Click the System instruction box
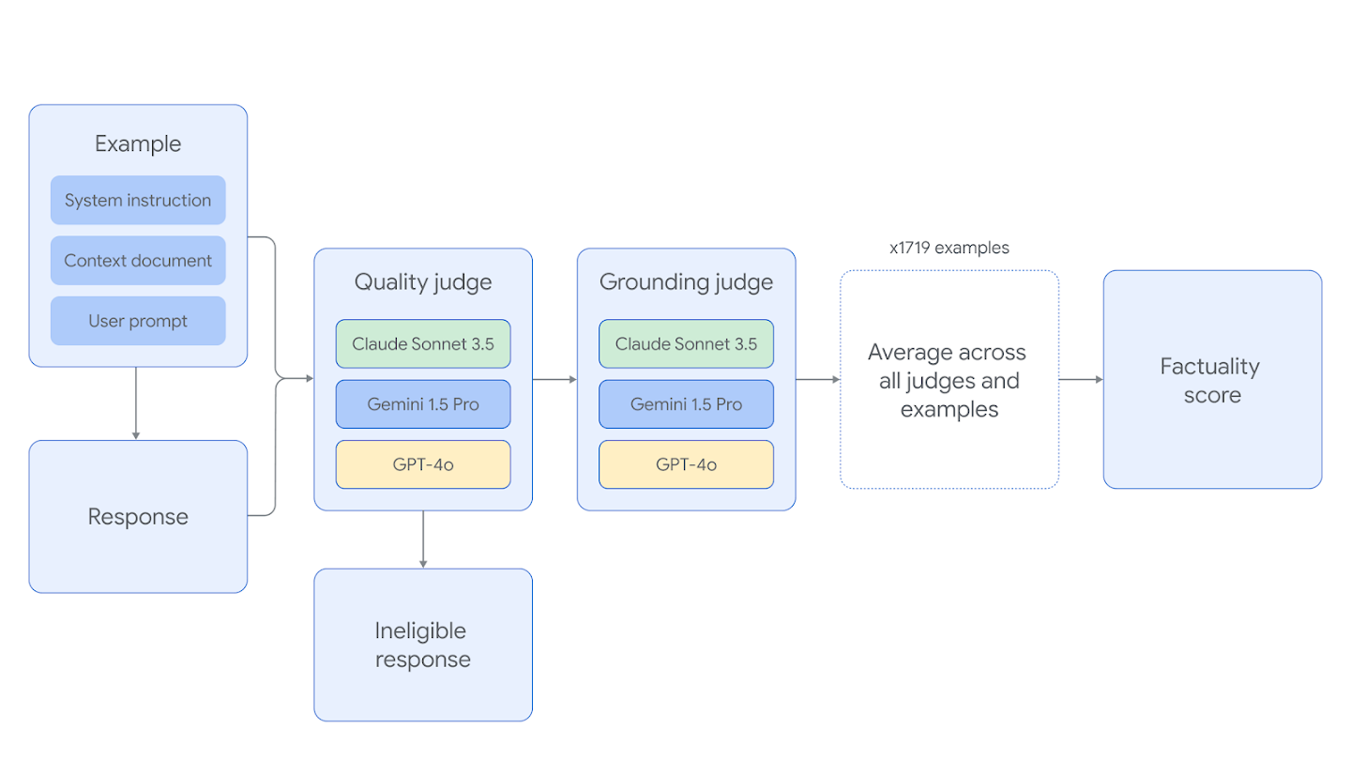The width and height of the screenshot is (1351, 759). [138, 200]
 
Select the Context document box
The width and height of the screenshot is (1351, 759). [138, 261]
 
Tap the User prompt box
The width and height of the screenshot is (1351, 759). [138, 321]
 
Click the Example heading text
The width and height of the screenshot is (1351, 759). [138, 144]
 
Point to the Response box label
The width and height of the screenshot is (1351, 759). [138, 517]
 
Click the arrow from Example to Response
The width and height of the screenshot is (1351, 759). [136, 403]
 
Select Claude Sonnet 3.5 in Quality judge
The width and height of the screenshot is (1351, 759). [423, 344]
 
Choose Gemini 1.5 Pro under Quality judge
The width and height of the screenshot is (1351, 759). [423, 404]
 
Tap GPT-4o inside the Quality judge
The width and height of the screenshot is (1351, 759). [423, 464]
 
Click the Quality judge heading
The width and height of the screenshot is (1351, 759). [423, 282]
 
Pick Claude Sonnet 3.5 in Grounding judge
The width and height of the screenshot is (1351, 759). [686, 344]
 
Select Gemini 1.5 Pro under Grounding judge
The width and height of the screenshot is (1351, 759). [686, 404]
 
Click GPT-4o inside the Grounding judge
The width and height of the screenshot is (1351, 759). [686, 464]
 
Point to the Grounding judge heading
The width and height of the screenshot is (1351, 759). [686, 282]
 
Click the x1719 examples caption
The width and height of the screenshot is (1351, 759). [949, 249]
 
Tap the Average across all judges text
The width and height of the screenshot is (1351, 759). [948, 381]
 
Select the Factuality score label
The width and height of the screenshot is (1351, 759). [1211, 381]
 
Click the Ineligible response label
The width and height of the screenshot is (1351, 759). [423, 645]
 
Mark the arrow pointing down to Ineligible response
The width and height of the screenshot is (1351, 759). [423, 539]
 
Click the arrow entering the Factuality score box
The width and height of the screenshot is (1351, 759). [1081, 380]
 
